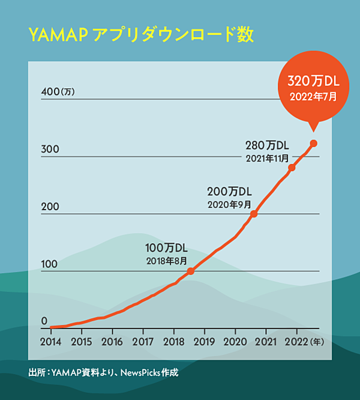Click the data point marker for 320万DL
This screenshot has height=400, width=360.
click(313, 143)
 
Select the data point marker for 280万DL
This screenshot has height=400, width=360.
click(292, 168)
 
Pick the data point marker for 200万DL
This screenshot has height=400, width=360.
click(254, 214)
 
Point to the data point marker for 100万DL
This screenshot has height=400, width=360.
click(191, 271)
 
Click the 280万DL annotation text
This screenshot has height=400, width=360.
click(268, 145)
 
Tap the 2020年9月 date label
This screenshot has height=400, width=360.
click(229, 204)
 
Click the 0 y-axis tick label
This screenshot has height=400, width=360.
click(44, 321)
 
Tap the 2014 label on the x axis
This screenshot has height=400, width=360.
click(50, 342)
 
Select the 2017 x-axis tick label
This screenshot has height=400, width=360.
click(142, 342)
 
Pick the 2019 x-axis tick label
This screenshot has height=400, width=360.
click(205, 342)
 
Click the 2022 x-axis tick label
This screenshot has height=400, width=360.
click(296, 342)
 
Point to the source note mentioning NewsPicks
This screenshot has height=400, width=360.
click(103, 373)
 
